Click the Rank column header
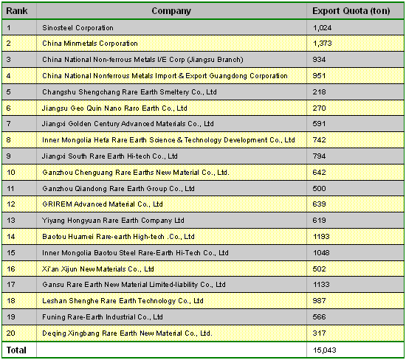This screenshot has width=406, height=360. (17, 11)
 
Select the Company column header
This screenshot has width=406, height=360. (171, 11)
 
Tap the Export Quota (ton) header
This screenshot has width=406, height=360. (351, 11)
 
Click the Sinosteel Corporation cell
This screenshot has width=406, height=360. (78, 28)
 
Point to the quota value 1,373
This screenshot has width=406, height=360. (322, 44)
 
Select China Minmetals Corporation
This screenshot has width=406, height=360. (90, 44)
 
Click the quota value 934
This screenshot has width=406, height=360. (319, 60)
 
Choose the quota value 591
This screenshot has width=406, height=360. (319, 124)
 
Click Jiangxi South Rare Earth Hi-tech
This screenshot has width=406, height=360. (110, 156)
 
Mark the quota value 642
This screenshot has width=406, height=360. (319, 173)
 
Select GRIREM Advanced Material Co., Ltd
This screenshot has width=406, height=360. (103, 204)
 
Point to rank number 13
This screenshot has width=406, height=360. (11, 221)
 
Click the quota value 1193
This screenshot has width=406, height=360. (321, 237)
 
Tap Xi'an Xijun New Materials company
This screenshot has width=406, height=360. (98, 269)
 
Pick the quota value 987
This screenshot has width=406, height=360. (319, 301)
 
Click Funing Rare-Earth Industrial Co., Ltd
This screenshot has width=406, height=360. (103, 317)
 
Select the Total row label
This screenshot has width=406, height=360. (16, 350)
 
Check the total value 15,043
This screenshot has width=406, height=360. (325, 350)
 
